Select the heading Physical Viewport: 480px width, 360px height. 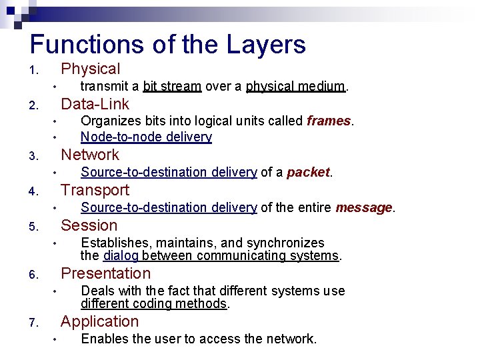[x=91, y=69]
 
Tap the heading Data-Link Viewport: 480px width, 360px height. [x=95, y=104]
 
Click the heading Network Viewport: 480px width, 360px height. [x=90, y=155]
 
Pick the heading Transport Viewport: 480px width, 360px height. [x=95, y=190]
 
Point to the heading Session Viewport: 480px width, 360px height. [x=89, y=225]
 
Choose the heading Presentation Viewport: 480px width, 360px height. [x=106, y=273]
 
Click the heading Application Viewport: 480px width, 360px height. [x=100, y=321]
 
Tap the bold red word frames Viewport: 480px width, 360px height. [x=329, y=121]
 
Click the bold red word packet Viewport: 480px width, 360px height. [x=308, y=172]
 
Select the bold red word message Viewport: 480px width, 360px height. [x=363, y=207]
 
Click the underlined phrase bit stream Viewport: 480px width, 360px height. [x=172, y=86]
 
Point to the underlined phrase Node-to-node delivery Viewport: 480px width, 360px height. [x=146, y=137]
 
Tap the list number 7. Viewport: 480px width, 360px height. [x=33, y=323]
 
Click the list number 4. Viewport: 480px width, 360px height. [x=33, y=192]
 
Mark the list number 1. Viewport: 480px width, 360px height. [x=33, y=71]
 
